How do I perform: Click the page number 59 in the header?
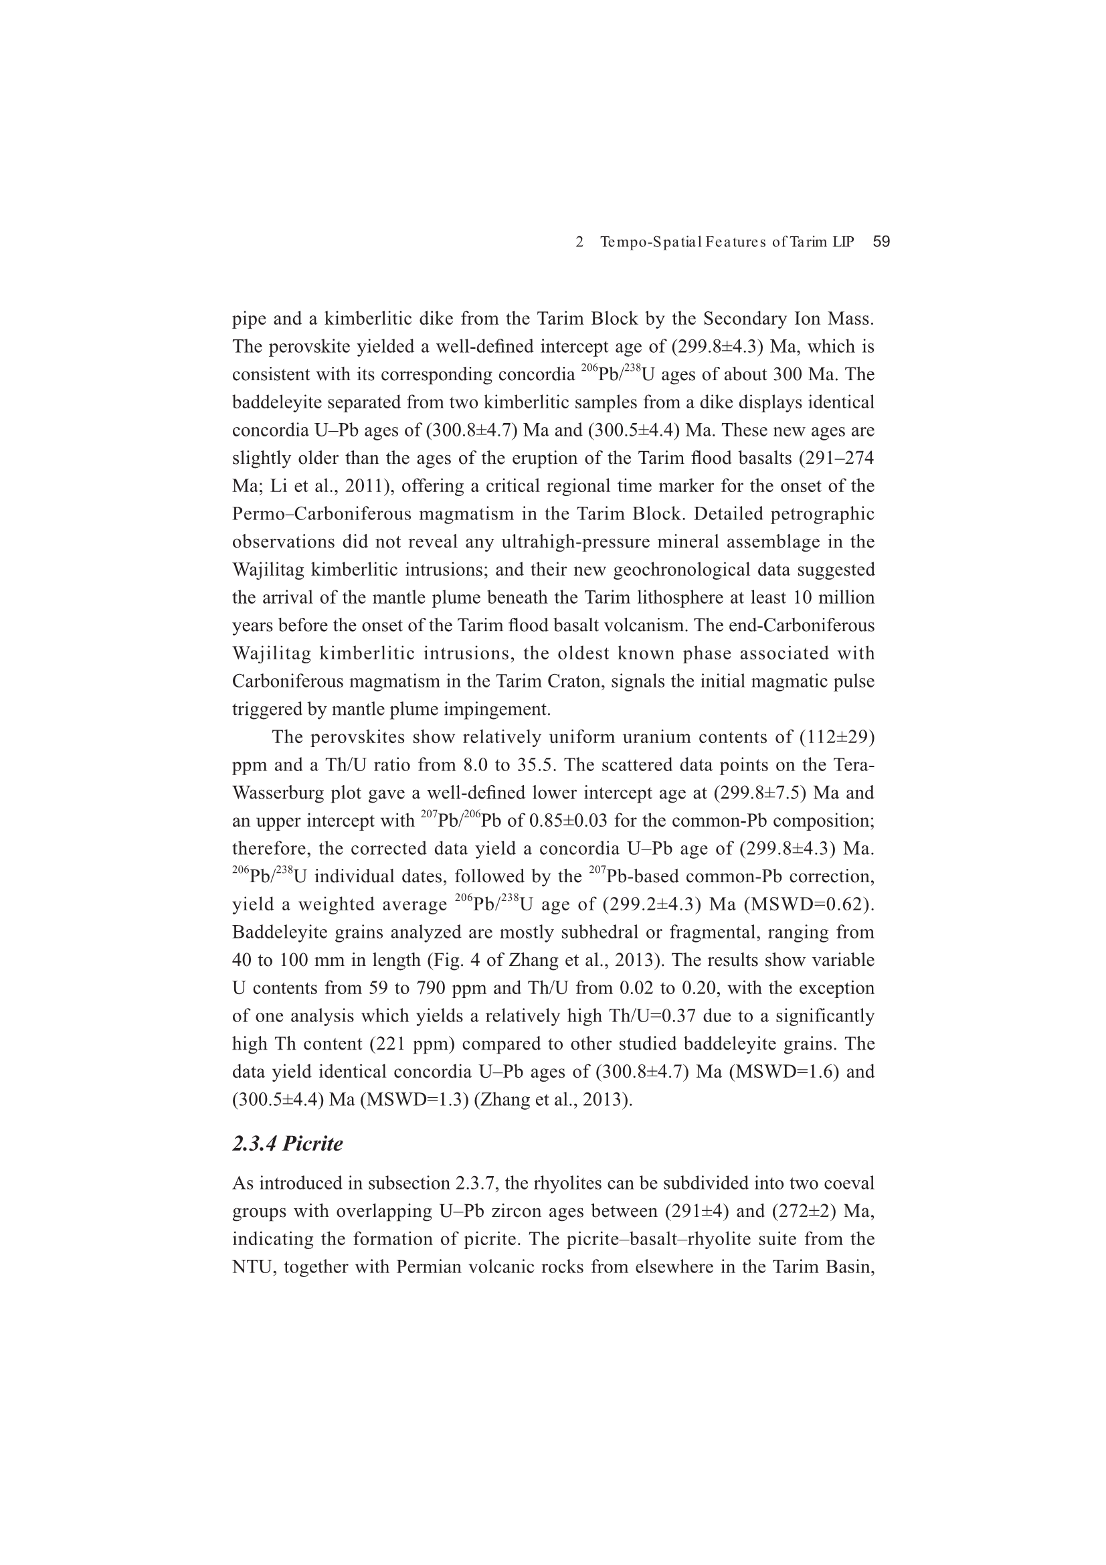pyautogui.click(x=881, y=242)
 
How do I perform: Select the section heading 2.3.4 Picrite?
pyautogui.click(x=287, y=1143)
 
